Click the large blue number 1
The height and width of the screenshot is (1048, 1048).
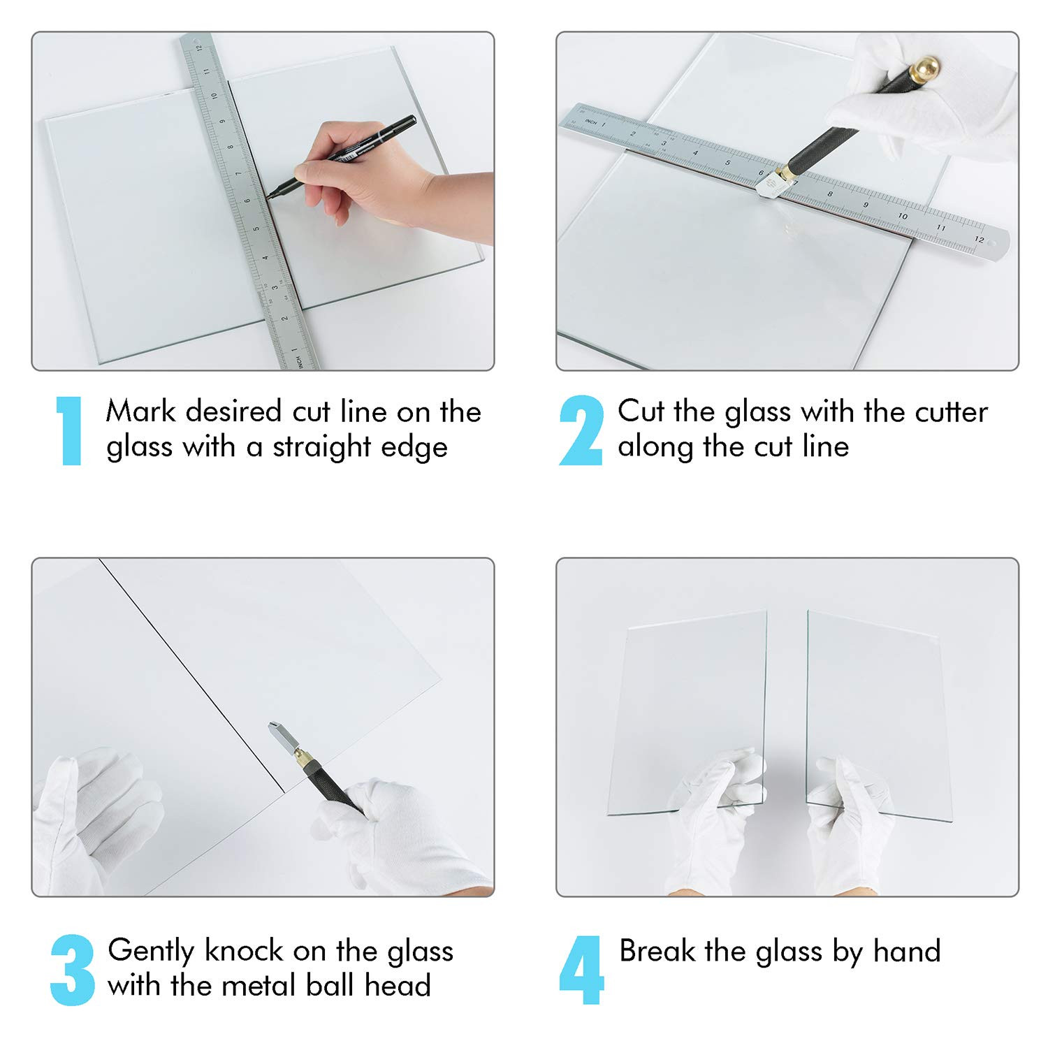[x=70, y=430]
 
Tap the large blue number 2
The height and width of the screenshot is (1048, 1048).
[x=581, y=430]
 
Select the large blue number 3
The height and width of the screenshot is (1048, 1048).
[x=72, y=970]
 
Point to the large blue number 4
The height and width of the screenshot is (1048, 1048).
[x=581, y=970]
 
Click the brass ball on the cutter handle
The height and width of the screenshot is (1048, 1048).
[x=927, y=68]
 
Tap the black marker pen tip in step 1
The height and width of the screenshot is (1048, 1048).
[x=269, y=196]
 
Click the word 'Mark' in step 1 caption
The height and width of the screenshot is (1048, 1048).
[x=140, y=411]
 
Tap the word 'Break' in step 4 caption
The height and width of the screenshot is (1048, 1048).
[x=657, y=951]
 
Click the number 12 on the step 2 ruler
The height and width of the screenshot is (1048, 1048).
[x=979, y=240]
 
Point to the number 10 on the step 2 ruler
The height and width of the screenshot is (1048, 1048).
[x=903, y=216]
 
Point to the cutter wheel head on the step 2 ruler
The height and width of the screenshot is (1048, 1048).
[x=773, y=184]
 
